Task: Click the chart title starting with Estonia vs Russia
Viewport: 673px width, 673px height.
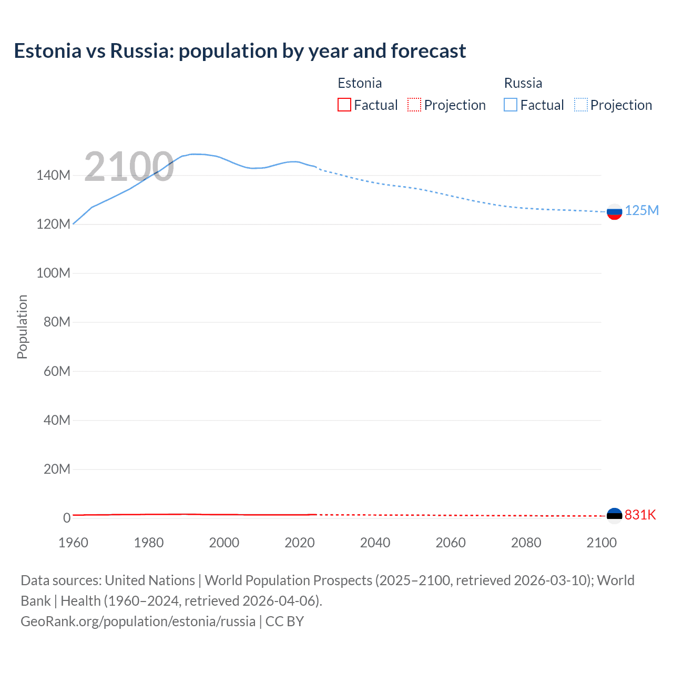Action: pos(240,51)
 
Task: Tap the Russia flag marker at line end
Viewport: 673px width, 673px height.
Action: pos(614,212)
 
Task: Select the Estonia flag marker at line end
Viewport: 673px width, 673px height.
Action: pos(614,515)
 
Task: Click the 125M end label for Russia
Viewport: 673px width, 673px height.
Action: pos(641,210)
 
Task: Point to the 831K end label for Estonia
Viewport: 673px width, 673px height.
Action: pos(640,515)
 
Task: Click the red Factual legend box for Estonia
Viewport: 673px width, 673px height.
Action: pos(344,105)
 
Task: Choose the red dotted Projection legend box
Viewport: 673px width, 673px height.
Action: pos(414,105)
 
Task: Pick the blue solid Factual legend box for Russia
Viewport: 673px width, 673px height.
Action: pos(511,105)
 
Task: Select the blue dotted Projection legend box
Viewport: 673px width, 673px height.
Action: pos(581,105)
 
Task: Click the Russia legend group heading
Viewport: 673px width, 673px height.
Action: pos(523,83)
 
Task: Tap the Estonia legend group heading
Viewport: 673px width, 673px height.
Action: pos(360,83)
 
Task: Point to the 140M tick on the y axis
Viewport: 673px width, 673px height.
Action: pos(53,176)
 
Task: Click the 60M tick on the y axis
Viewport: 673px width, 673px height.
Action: pos(57,371)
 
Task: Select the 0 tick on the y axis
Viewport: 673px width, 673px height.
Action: pos(66,518)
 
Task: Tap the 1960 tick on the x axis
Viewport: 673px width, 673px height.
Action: pos(73,543)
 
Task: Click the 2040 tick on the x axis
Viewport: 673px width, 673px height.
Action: pos(375,543)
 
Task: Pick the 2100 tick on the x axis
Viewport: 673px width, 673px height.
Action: pos(601,543)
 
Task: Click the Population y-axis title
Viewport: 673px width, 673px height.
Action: pos(22,327)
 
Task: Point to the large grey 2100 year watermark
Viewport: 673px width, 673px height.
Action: pos(129,167)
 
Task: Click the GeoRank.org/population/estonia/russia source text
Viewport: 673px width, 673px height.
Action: pos(138,621)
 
